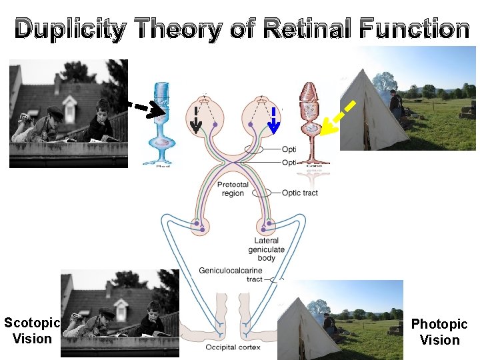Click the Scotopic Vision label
32,331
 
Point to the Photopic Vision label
439,332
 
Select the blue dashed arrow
273,119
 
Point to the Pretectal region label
233,189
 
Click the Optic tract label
299,193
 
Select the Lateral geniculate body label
266,249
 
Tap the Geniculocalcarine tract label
231,275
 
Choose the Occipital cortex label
232,347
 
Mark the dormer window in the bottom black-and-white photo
121,308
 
